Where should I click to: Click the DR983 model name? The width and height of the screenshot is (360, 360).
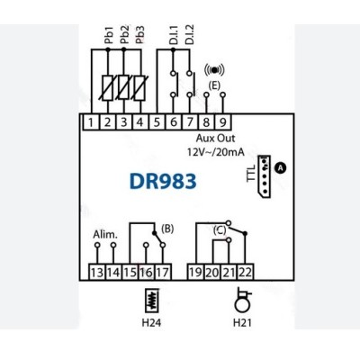pos(163,181)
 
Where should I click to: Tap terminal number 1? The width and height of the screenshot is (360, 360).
pos(91,122)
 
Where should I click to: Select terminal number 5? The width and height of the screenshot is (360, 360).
pos(157,122)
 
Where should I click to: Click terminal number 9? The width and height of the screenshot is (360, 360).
pos(223,122)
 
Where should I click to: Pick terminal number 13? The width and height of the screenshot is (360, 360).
pos(97,273)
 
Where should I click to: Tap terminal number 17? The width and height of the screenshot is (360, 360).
pos(163,273)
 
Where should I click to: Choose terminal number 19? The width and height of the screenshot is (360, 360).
pos(195,273)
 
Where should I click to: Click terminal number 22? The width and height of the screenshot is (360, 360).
pos(246,273)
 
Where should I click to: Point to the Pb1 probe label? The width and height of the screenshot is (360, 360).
pos(109,35)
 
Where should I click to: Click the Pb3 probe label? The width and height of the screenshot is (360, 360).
pos(140,35)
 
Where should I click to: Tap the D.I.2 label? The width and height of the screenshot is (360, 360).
pos(190,35)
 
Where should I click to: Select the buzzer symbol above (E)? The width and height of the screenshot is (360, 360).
pos(214,70)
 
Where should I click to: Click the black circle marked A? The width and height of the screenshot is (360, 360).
pos(281,168)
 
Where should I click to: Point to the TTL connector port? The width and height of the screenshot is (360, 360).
pos(265,176)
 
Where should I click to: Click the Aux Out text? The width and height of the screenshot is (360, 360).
pos(215,139)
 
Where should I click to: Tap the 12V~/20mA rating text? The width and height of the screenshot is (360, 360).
pos(216,152)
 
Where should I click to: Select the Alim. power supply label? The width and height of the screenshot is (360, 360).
pos(105,234)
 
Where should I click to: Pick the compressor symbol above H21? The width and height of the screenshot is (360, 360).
pos(242,301)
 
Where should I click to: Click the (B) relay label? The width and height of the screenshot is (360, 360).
pos(167,229)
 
